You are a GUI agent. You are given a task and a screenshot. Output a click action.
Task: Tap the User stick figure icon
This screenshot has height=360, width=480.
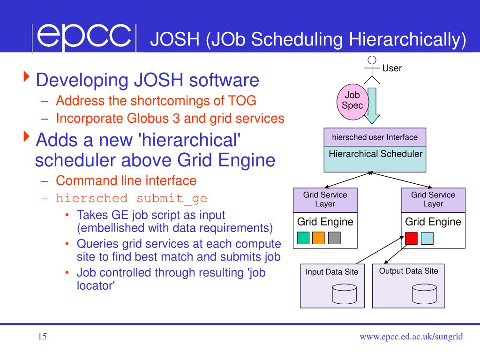(372, 71)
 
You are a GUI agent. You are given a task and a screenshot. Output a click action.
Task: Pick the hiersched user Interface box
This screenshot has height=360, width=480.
(375, 137)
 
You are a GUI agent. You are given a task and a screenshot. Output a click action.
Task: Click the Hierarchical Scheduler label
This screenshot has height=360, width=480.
(375, 154)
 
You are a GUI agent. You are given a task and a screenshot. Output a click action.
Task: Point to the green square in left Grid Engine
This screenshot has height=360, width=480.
(303, 238)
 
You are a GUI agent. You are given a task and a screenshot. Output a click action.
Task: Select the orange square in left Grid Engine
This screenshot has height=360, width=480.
(318, 238)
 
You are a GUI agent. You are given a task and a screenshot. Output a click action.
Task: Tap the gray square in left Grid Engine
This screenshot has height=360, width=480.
(334, 238)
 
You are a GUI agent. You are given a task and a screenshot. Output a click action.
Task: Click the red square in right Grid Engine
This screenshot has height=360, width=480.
(411, 239)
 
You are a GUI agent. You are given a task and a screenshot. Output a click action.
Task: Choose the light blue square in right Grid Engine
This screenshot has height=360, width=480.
(427, 239)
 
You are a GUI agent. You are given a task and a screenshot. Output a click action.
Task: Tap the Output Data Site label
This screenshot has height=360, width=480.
(408, 271)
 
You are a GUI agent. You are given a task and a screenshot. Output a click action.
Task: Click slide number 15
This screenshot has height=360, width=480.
(42, 337)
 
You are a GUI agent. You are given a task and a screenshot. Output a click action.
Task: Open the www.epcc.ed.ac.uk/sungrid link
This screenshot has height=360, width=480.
(411, 337)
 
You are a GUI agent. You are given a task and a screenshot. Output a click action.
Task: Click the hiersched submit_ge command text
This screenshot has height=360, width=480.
(131, 198)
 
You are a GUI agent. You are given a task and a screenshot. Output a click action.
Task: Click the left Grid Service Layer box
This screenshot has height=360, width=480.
(325, 199)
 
